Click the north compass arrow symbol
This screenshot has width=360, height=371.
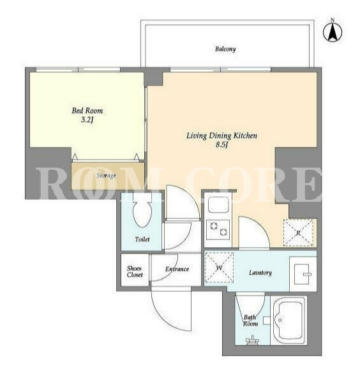[333, 32]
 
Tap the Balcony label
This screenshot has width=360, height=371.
[225, 49]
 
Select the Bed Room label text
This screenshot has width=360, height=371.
[87, 110]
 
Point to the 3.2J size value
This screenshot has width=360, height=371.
[87, 120]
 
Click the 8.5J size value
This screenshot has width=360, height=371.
[221, 145]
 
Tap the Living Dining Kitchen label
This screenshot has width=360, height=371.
[221, 135]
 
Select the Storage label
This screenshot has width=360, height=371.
[106, 176]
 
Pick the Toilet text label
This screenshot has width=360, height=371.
[142, 239]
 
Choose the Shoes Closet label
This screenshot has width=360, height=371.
[135, 271]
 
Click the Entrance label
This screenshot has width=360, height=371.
[177, 269]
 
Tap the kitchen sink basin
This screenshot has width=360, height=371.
[218, 205]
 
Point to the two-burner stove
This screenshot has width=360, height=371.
[218, 229]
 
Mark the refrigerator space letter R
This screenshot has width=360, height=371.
[298, 233]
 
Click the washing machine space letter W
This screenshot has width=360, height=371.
[220, 268]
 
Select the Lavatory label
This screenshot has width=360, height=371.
[260, 273]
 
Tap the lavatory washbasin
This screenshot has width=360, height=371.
[303, 274]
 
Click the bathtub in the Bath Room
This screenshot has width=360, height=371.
[289, 320]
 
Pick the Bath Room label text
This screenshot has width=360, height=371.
[250, 321]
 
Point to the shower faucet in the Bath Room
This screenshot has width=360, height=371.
[252, 340]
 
